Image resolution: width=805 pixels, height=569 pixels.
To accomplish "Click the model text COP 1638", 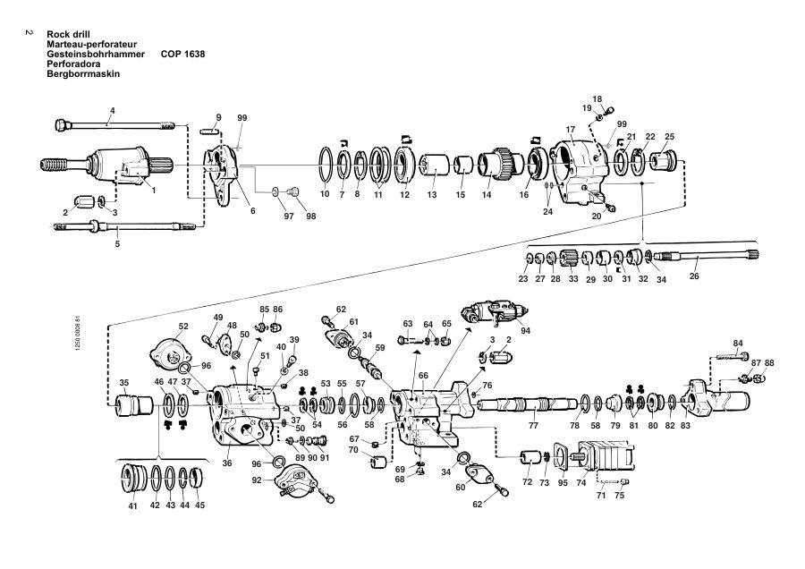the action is [x=182, y=54].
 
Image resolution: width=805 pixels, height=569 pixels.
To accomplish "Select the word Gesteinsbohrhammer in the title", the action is [x=96, y=54].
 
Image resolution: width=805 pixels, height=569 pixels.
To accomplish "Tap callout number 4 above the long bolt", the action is [x=113, y=110].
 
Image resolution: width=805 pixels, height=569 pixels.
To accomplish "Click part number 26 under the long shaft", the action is [x=693, y=276].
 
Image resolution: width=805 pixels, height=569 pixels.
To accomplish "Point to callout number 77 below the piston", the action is [x=533, y=425].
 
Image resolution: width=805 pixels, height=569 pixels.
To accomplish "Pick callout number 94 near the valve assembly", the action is [x=525, y=331].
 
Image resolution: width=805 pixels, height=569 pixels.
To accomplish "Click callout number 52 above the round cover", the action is [x=183, y=326].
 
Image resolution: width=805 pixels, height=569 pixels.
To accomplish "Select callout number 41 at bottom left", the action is [x=133, y=505].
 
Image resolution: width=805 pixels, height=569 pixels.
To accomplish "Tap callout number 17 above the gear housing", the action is [x=571, y=130].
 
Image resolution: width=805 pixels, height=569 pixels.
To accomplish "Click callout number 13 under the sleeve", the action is [x=432, y=195].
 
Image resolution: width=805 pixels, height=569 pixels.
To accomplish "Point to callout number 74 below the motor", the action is [x=581, y=483].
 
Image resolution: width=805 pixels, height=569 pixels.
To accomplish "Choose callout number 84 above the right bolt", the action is [x=738, y=343].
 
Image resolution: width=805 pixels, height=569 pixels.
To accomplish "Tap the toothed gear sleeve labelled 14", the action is [x=496, y=164].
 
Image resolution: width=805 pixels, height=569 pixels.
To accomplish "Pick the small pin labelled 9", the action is [x=208, y=131].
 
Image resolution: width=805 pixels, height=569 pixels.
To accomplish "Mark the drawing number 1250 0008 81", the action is [x=78, y=333].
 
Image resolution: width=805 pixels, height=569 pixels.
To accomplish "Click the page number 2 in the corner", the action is [x=30, y=33].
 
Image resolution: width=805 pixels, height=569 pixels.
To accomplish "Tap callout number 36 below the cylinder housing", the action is [x=227, y=463].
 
